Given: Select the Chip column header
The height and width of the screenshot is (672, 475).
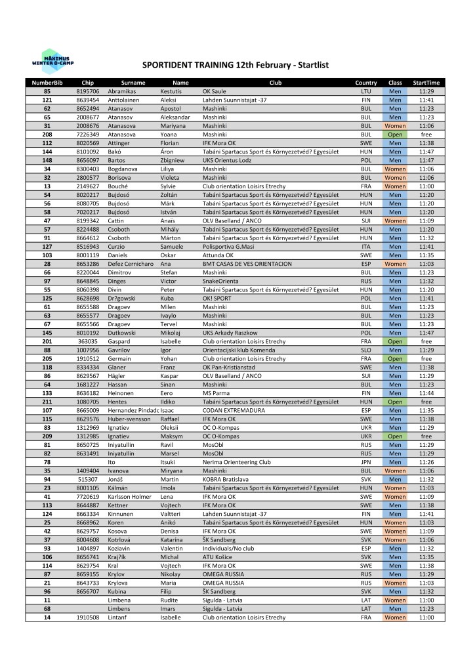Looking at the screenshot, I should click(88, 83).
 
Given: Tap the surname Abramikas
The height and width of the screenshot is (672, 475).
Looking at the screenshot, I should click(122, 91).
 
